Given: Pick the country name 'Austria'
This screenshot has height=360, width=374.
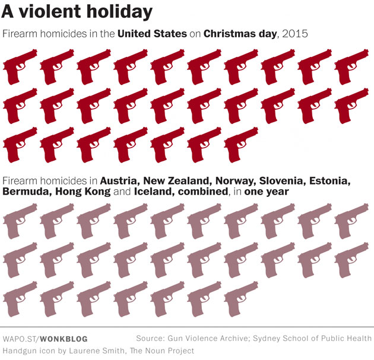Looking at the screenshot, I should point(119,180).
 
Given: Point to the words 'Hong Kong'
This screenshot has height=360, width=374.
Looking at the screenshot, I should point(81,192).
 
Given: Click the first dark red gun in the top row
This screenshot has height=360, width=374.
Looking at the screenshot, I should point(19,66).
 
